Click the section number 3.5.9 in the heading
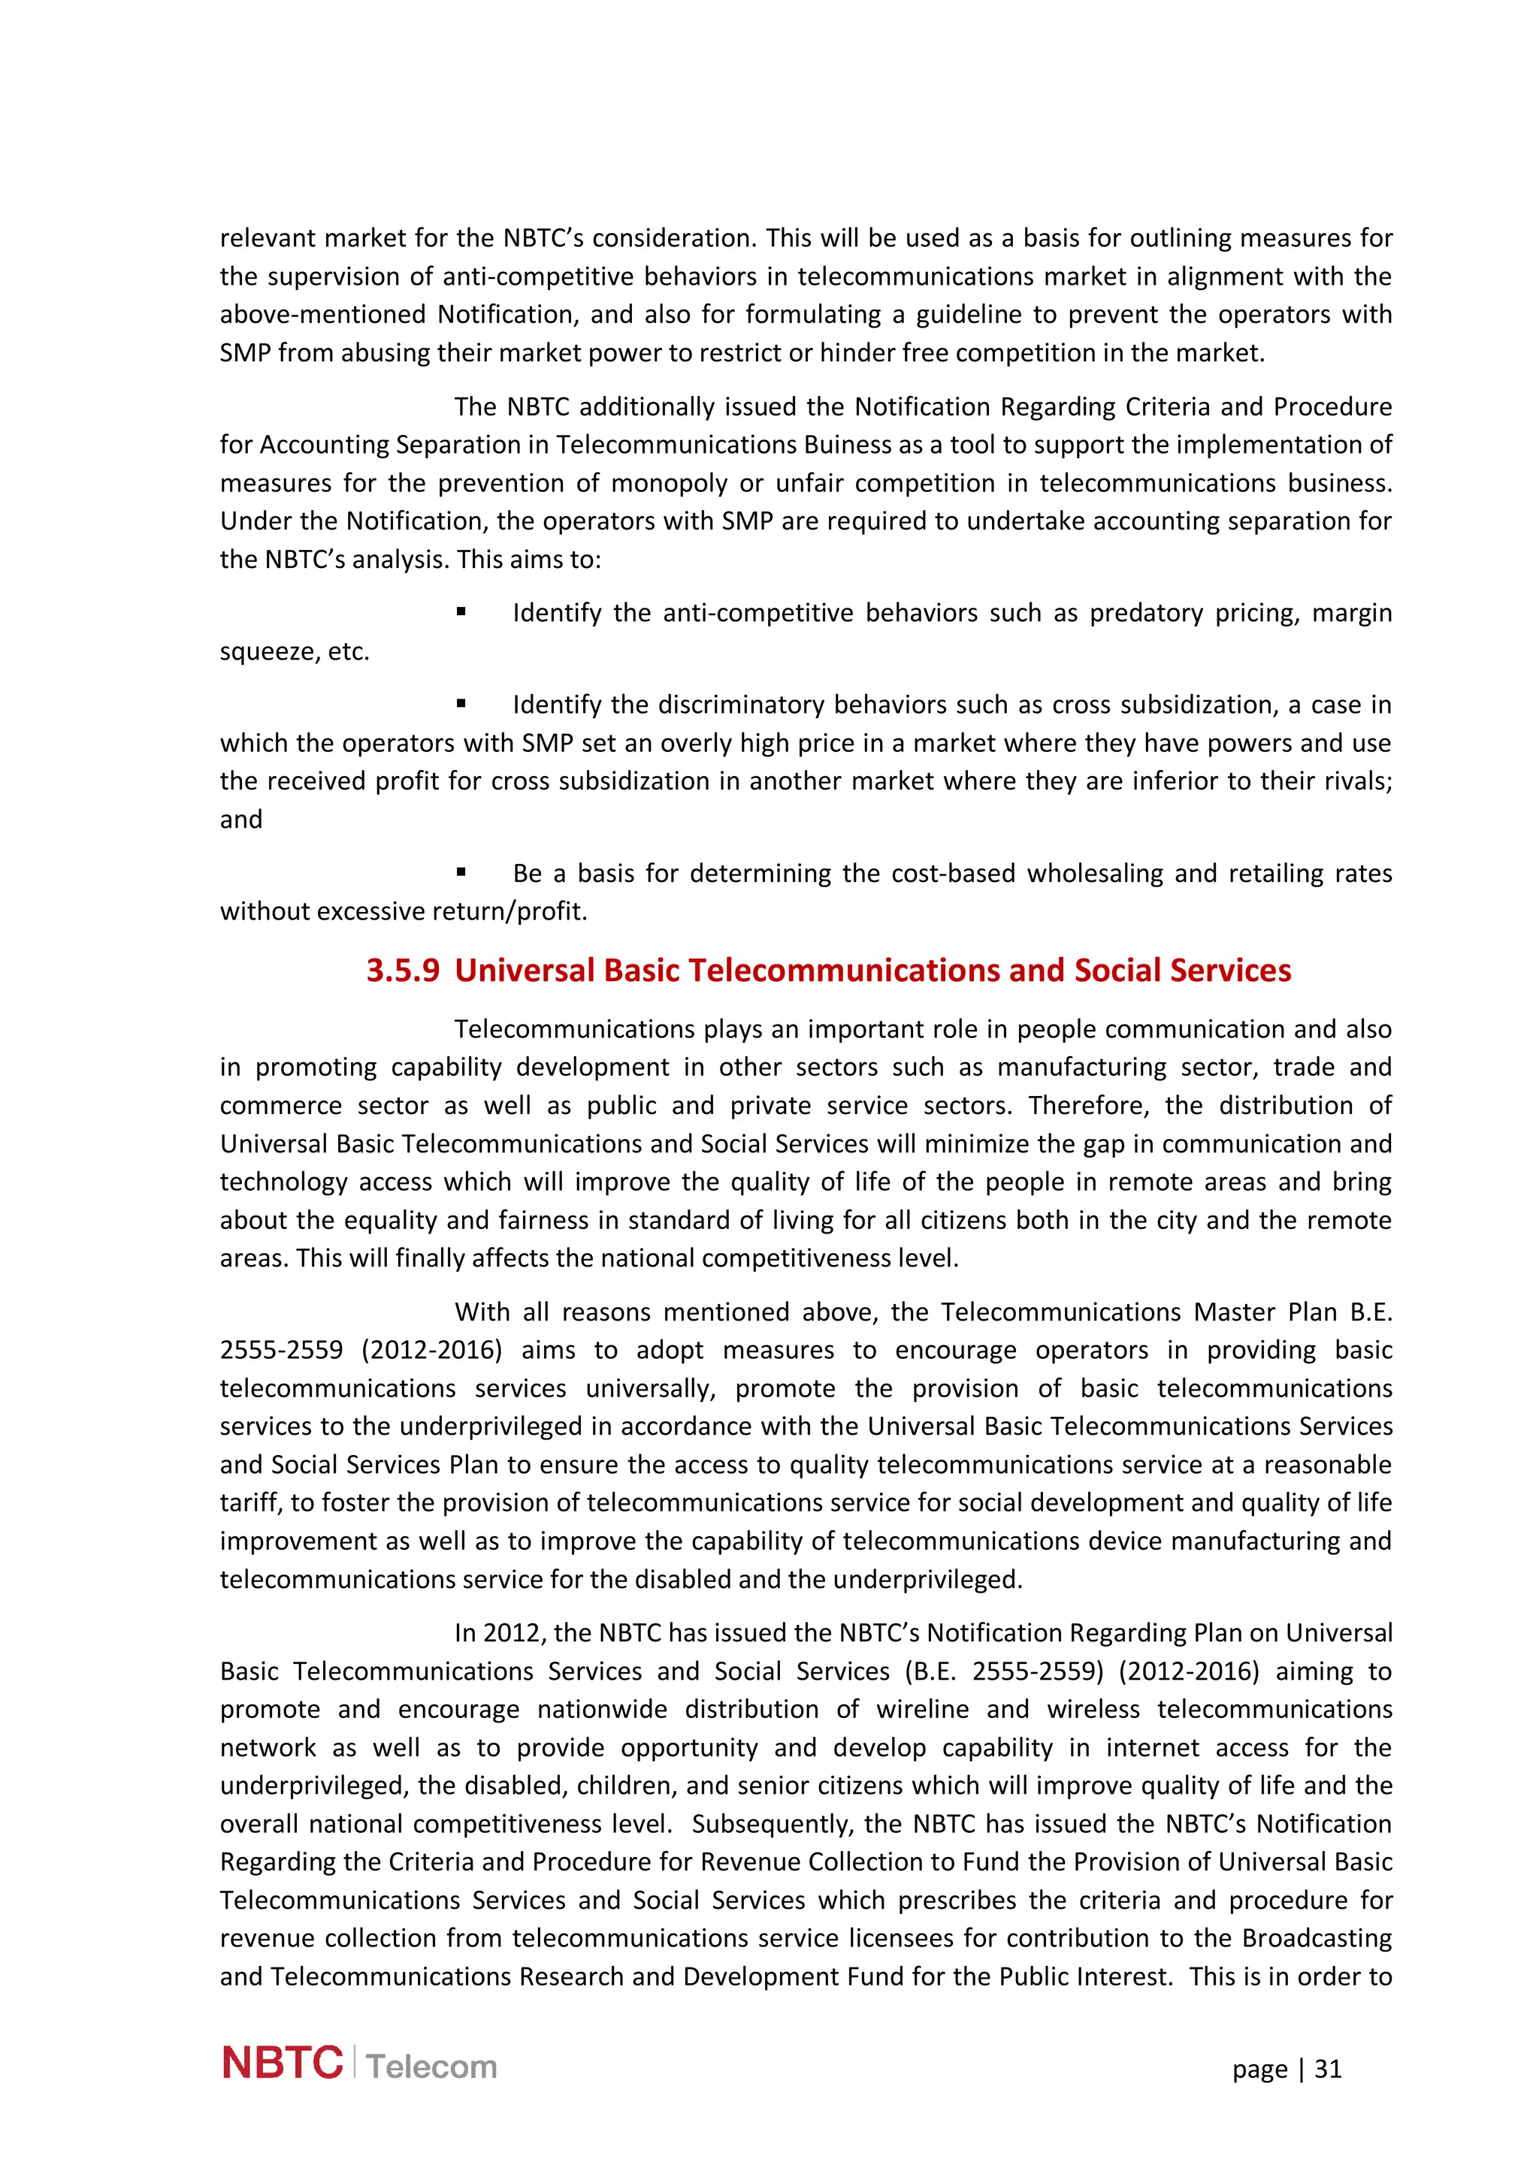[403, 971]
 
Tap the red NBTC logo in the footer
[282, 2064]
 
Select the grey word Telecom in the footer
[431, 2067]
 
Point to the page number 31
[1328, 2069]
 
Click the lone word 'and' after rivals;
[241, 820]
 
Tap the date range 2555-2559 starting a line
[281, 1350]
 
